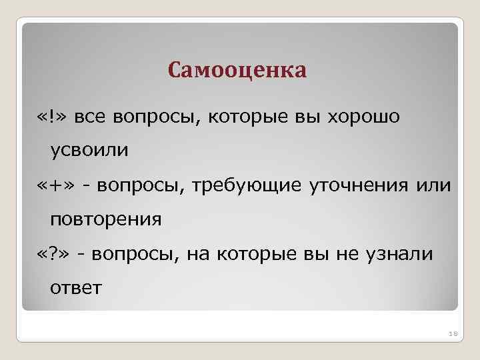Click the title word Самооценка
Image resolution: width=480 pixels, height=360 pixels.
(x=237, y=70)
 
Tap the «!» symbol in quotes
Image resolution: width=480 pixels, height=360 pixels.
(x=52, y=117)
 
